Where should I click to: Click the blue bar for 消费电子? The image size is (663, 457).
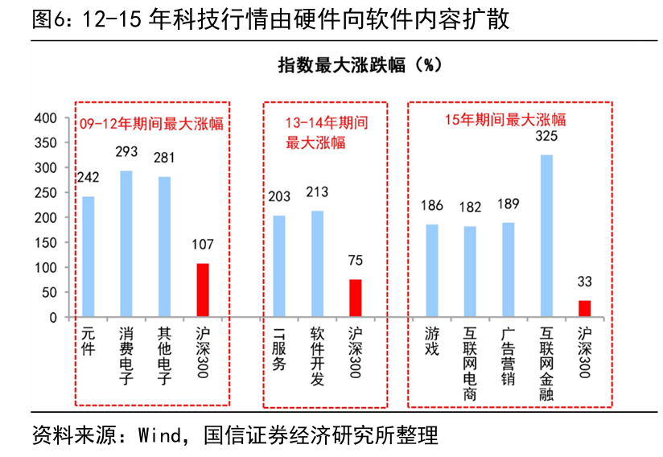[126, 244]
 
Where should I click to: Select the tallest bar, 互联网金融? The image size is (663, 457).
[546, 236]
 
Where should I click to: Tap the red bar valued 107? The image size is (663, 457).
[203, 290]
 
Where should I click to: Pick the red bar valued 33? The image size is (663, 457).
[584, 309]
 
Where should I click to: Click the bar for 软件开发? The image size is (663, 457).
[317, 264]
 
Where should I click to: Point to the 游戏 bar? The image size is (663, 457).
[432, 270]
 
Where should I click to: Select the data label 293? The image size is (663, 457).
[126, 151]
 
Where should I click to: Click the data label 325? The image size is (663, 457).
[546, 136]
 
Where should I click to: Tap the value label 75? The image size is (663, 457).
[355, 260]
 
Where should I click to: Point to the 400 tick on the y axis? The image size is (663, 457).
[45, 118]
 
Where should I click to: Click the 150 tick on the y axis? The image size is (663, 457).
[45, 243]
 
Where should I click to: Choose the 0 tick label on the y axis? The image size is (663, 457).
[53, 318]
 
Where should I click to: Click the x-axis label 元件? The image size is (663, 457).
[88, 342]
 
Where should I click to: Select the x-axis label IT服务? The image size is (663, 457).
[279, 348]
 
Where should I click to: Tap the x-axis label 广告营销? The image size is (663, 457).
[508, 356]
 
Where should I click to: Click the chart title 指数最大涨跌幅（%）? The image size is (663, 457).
[360, 65]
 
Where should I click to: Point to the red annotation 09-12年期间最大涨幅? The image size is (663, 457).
[151, 123]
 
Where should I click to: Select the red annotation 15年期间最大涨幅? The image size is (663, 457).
[505, 120]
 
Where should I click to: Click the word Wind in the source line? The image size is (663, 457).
[159, 435]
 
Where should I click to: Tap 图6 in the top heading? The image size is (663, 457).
[48, 19]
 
